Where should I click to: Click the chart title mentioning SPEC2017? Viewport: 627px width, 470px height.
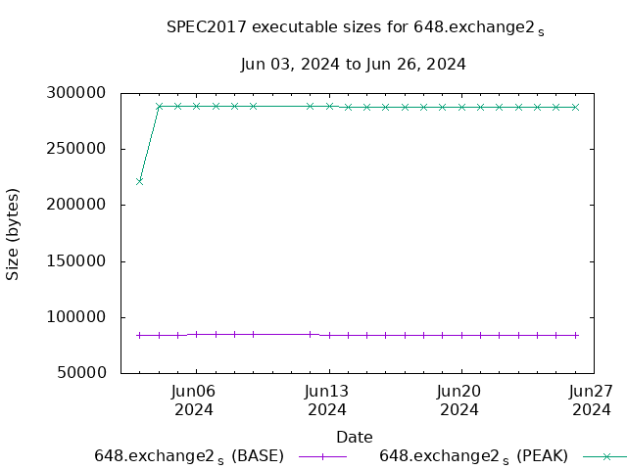[x=355, y=28]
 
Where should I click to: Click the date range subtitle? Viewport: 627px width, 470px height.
[x=353, y=65]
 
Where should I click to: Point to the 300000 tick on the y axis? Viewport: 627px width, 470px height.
[x=84, y=93]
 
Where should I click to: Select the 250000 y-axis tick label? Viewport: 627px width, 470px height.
[x=84, y=149]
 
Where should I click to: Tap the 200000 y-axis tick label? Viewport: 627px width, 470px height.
[x=84, y=205]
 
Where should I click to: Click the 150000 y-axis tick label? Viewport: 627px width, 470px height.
[x=84, y=261]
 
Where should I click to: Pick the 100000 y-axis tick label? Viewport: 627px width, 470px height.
[x=84, y=317]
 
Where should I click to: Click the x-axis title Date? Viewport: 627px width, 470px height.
[x=354, y=437]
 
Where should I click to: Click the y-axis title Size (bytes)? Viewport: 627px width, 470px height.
[x=13, y=233]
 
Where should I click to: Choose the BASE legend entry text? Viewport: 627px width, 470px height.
[x=189, y=456]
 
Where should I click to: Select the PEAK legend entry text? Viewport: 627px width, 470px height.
[x=473, y=456]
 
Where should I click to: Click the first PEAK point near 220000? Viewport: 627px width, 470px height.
[x=140, y=181]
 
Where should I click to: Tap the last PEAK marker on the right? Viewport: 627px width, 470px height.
[x=575, y=107]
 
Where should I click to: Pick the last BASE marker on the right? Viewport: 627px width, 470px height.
[x=575, y=335]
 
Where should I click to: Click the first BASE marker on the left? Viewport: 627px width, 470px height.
[x=140, y=335]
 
